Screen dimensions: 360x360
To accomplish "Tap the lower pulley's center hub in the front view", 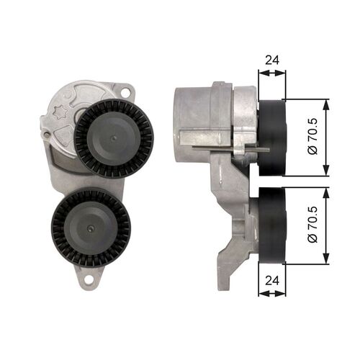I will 91,226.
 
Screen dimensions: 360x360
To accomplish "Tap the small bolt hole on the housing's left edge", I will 47,135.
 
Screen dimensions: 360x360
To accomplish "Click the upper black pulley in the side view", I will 271,138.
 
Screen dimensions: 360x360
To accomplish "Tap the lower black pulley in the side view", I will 271,226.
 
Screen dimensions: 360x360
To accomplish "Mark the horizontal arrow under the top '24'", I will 271,72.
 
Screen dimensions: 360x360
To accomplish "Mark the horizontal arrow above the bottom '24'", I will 271,293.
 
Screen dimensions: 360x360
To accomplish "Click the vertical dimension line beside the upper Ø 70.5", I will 326,138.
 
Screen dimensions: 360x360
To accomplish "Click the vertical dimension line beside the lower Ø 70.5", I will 326,226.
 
